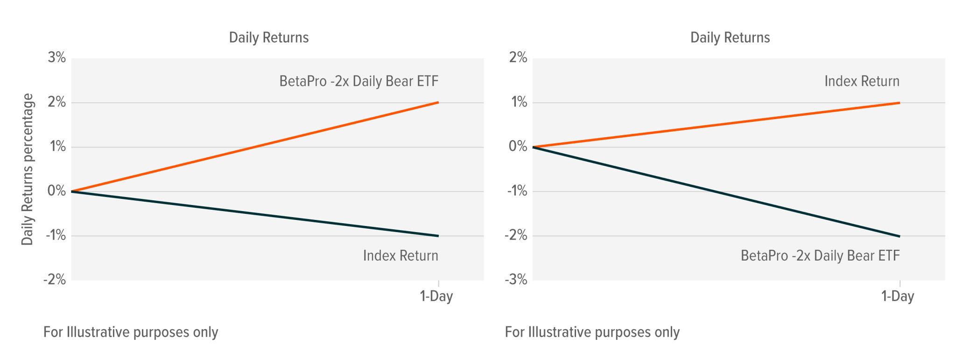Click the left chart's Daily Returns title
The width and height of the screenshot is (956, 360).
click(x=268, y=37)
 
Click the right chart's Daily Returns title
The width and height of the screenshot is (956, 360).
click(x=730, y=37)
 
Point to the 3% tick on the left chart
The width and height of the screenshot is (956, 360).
click(x=56, y=57)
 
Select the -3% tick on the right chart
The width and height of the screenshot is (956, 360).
click(x=516, y=280)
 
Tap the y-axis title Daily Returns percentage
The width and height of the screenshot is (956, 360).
click(x=28, y=169)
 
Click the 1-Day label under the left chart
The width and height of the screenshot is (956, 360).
click(x=436, y=296)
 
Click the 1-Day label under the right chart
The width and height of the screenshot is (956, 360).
click(x=897, y=296)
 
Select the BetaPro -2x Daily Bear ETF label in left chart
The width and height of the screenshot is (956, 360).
click(x=358, y=81)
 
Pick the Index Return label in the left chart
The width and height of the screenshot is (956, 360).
click(x=401, y=255)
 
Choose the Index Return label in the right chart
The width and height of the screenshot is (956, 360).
click(x=862, y=81)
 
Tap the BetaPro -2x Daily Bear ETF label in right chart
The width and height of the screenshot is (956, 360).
click(x=820, y=255)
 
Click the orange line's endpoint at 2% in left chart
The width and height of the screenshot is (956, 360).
click(x=438, y=102)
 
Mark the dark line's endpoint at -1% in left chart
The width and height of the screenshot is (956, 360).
click(x=438, y=236)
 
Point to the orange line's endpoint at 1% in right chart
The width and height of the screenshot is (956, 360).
click(x=899, y=103)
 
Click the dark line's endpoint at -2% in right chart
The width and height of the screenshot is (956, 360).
click(x=899, y=236)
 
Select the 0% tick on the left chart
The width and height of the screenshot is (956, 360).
click(x=56, y=191)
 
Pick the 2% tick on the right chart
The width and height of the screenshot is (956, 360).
click(x=518, y=57)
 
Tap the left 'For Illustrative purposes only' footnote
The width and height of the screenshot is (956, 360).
click(x=131, y=332)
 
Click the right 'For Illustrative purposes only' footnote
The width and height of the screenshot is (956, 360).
click(x=592, y=332)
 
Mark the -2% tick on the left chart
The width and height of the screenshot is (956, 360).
click(x=55, y=280)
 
